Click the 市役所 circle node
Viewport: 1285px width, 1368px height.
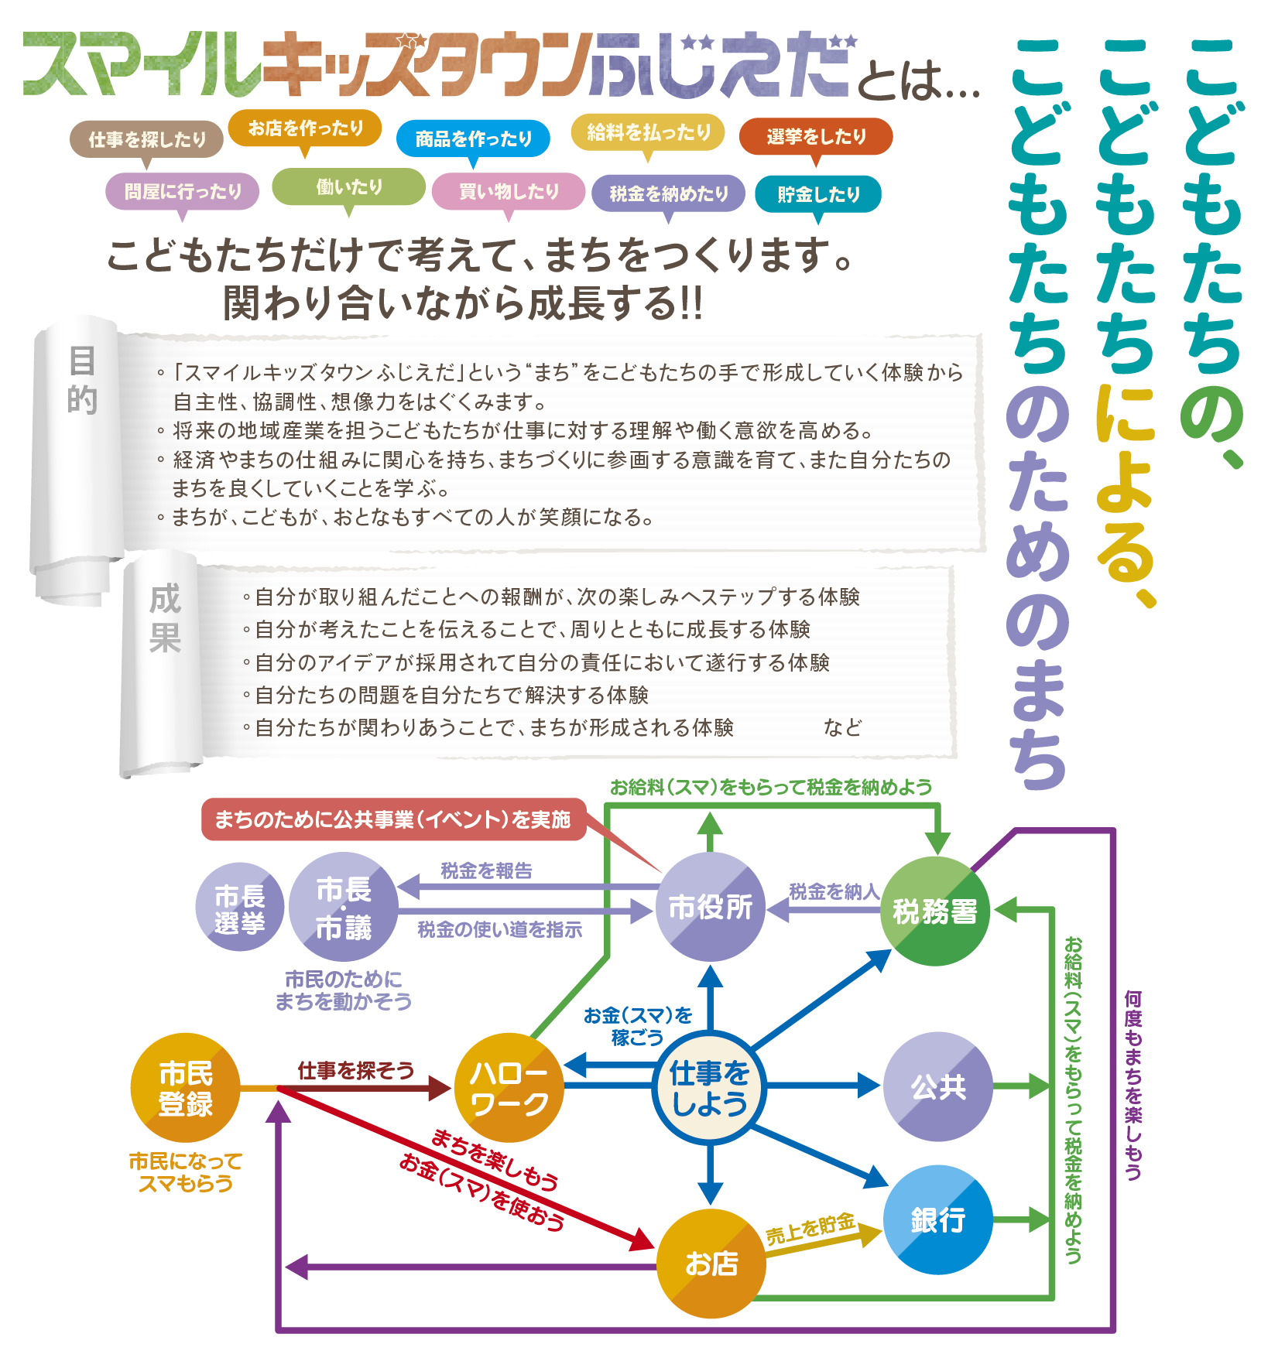710,907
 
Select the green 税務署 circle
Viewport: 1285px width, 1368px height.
935,911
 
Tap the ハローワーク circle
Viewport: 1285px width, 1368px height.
509,1087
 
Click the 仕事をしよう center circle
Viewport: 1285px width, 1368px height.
709,1087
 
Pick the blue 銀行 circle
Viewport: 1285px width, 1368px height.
937,1219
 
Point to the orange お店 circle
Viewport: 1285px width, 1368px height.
711,1263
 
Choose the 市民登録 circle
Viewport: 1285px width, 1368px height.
185,1087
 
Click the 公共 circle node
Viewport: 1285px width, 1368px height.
937,1086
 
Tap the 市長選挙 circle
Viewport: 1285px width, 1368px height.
239,907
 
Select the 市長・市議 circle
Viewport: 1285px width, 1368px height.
343,907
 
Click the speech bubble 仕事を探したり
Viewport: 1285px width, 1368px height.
147,140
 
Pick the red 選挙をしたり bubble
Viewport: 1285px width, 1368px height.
816,137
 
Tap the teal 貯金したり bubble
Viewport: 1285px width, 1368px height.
818,194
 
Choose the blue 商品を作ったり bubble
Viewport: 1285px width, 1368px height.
473,139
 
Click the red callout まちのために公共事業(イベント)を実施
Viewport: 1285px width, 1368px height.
392,819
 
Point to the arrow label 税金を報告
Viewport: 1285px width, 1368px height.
486,870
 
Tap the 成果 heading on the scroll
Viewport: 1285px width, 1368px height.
165,618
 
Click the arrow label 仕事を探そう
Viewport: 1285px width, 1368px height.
355,1071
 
